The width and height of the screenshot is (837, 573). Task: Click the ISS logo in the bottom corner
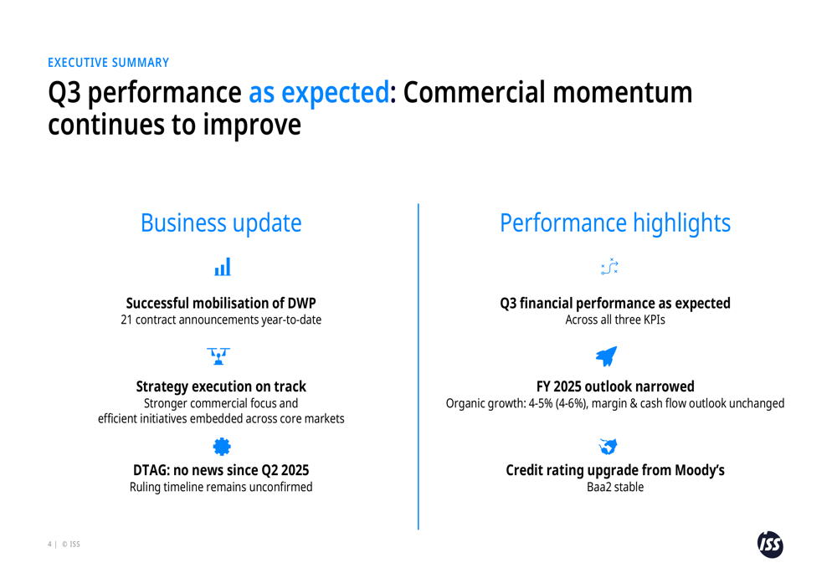[x=770, y=544]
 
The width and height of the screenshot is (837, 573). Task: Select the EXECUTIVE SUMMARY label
[x=108, y=63]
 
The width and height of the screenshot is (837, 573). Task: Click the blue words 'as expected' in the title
[x=318, y=93]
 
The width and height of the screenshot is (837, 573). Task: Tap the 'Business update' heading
[x=221, y=223]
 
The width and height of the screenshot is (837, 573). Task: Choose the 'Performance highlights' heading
[x=614, y=223]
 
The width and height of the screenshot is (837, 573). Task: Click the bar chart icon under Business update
[x=222, y=268]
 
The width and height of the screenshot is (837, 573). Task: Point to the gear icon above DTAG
[x=222, y=447]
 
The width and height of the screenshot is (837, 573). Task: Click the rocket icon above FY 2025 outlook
[x=607, y=356]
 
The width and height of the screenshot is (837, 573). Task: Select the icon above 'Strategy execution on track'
[x=219, y=357]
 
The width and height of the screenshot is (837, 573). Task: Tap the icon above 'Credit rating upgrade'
[x=608, y=446]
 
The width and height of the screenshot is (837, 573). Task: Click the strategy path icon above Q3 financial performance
[x=610, y=267]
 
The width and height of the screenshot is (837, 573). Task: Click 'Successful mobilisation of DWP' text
[x=221, y=303]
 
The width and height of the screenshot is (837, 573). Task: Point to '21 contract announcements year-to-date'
[x=221, y=320]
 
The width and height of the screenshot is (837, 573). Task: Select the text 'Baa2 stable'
[x=615, y=487]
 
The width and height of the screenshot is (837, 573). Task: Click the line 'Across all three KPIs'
[x=615, y=320]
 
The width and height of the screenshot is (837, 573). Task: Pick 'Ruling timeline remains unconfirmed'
[x=221, y=487]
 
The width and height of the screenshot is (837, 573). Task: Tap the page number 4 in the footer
[x=49, y=545]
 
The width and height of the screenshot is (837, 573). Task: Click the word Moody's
[x=699, y=470]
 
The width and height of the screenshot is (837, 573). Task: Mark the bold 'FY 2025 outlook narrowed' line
[x=615, y=386]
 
